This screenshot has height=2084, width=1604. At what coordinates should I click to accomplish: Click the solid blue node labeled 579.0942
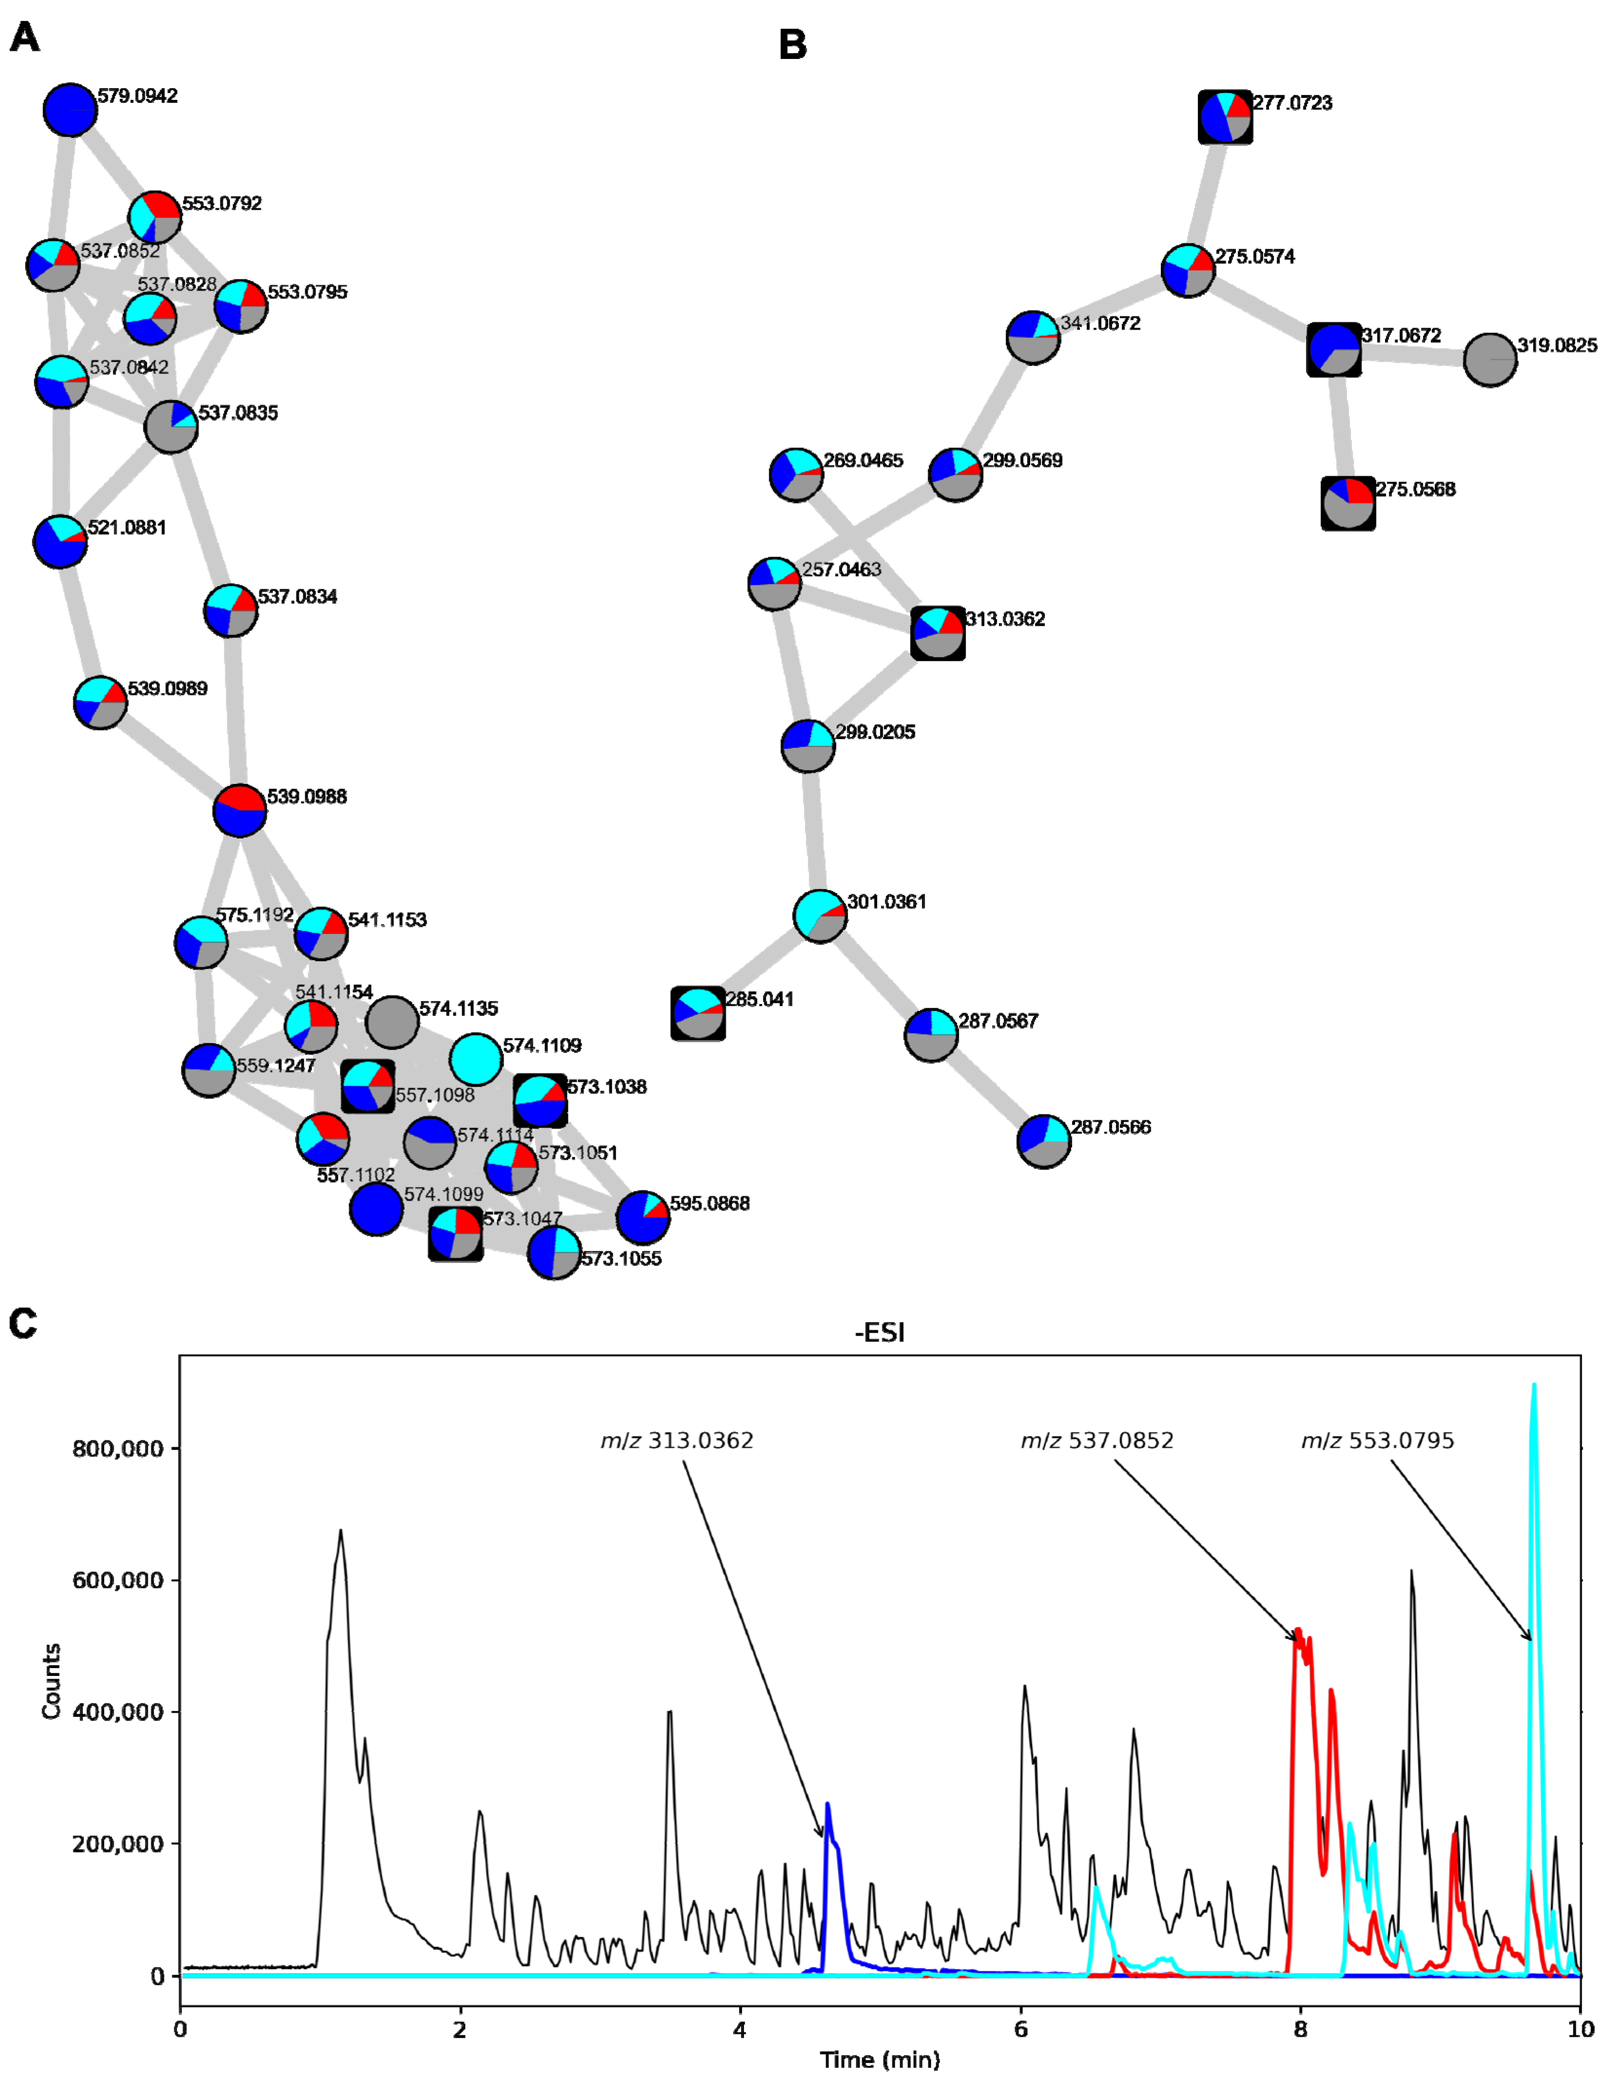(x=70, y=111)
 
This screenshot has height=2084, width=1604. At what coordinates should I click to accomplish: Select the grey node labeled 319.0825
(x=1489, y=360)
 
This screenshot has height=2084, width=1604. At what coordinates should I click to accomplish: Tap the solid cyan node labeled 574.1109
(x=475, y=1059)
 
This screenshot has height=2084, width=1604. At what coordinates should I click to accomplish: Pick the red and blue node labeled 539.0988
(x=239, y=811)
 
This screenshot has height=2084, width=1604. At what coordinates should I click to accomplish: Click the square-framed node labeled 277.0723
(x=1225, y=117)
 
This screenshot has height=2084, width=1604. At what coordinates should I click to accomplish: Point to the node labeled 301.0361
(x=820, y=916)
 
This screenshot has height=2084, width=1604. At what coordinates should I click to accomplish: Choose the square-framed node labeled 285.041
(x=698, y=1013)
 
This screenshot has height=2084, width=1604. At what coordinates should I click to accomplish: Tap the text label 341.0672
(x=1100, y=324)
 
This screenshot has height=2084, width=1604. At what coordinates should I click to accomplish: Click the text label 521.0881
(x=127, y=527)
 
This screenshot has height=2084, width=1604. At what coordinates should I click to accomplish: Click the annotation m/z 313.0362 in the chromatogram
(x=677, y=1441)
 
